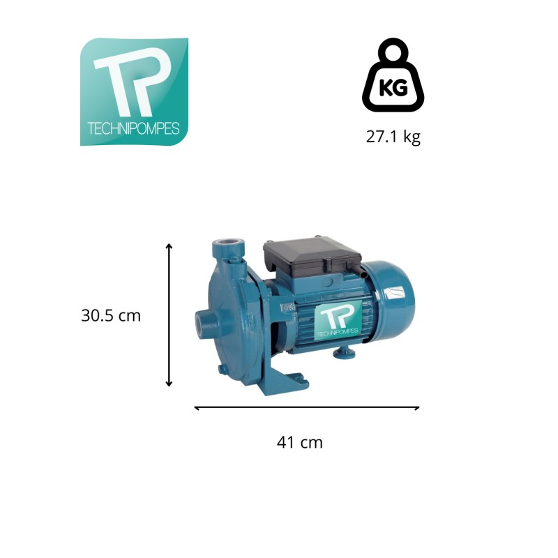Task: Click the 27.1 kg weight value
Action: pyautogui.click(x=393, y=137)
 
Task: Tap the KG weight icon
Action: pyautogui.click(x=393, y=75)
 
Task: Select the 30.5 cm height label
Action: pyautogui.click(x=111, y=316)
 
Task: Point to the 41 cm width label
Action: pyautogui.click(x=300, y=443)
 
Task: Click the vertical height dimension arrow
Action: pyautogui.click(x=169, y=315)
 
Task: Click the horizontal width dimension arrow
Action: pyautogui.click(x=307, y=408)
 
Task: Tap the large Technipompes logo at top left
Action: pyautogui.click(x=134, y=92)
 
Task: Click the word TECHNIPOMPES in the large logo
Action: pyautogui.click(x=133, y=128)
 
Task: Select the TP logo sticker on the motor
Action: pyautogui.click(x=338, y=319)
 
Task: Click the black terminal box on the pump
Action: pyautogui.click(x=312, y=257)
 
